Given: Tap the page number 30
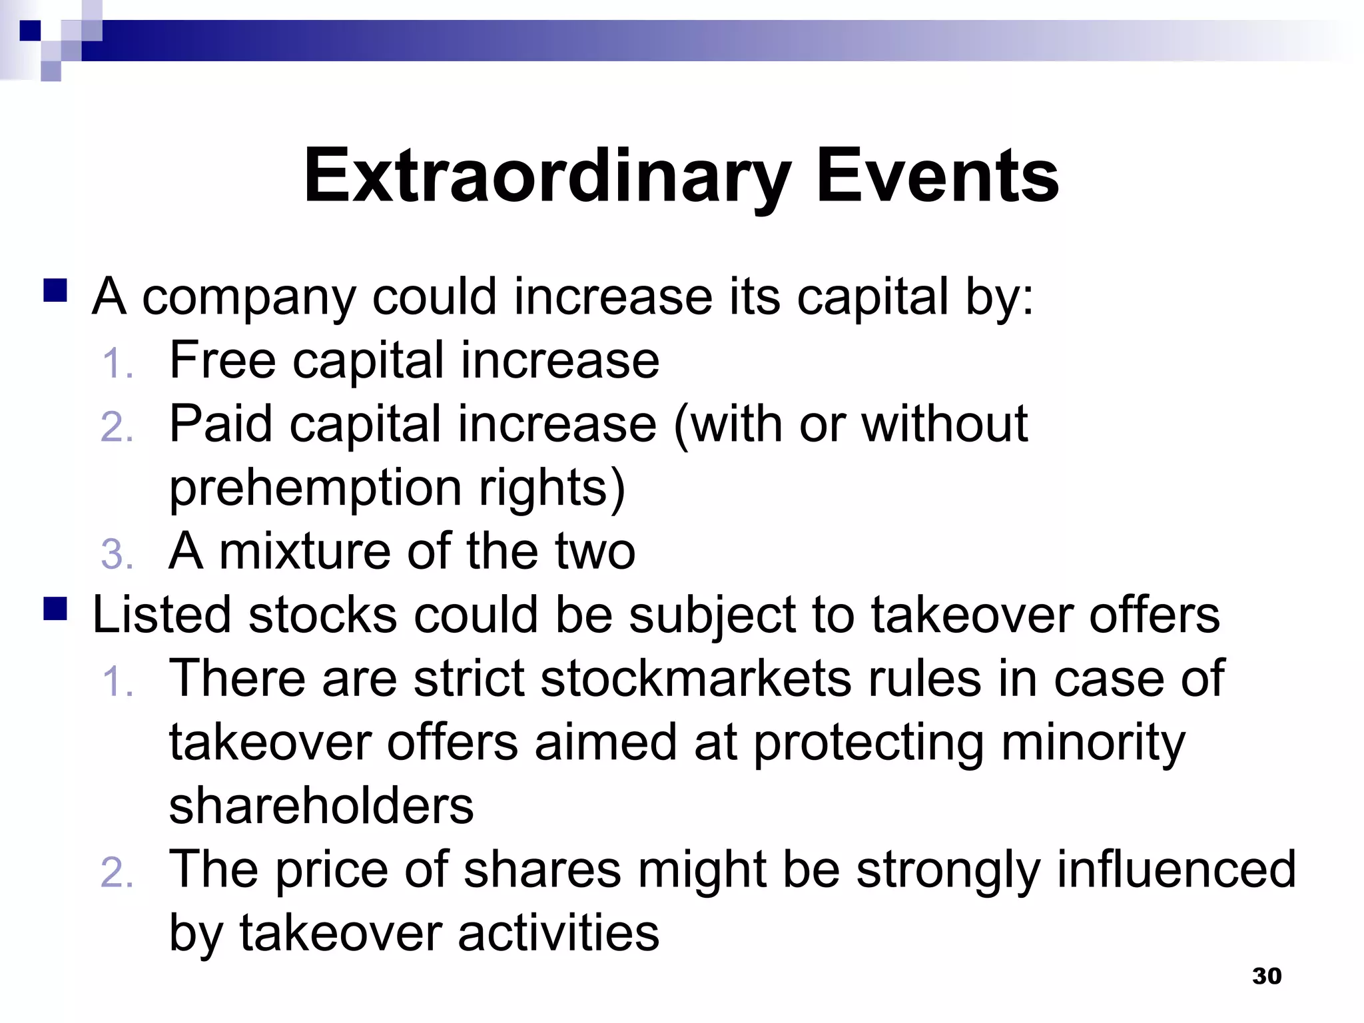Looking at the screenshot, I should coord(1266,976).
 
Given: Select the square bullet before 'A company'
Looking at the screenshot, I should coord(55,291).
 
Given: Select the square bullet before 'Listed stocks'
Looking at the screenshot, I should coord(55,609).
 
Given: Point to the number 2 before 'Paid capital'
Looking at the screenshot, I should coord(117,427).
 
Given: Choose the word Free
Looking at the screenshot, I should coord(222,360).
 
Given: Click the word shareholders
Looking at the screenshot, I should coord(321,806).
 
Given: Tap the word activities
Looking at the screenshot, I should coord(558,932).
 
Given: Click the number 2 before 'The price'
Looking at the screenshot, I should coord(117,873).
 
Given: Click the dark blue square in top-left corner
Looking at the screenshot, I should coord(30,31).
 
